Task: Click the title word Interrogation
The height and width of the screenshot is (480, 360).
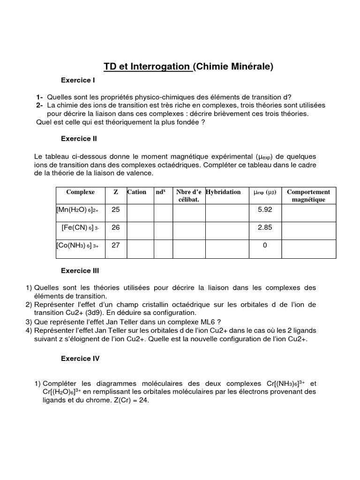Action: point(162,67)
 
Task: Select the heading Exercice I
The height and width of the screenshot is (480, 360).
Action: point(78,80)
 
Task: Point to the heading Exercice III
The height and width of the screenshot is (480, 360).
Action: point(80,270)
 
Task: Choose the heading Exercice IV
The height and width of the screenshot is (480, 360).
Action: point(81,359)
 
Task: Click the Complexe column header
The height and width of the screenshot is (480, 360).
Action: point(81,192)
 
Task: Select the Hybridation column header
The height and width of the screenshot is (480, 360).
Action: point(224,192)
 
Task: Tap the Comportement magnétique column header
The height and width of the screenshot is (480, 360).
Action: point(308,195)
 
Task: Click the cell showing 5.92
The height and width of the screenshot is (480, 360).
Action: point(265,210)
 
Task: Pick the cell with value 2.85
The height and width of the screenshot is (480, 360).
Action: point(265,227)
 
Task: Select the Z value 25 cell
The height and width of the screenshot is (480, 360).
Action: point(116,210)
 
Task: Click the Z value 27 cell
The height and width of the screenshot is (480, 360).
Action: point(116,245)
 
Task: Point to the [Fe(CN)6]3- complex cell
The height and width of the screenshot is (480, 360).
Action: point(80,227)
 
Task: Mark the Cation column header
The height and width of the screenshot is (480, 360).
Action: point(137,192)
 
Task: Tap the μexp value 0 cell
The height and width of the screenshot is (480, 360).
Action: point(265,245)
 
